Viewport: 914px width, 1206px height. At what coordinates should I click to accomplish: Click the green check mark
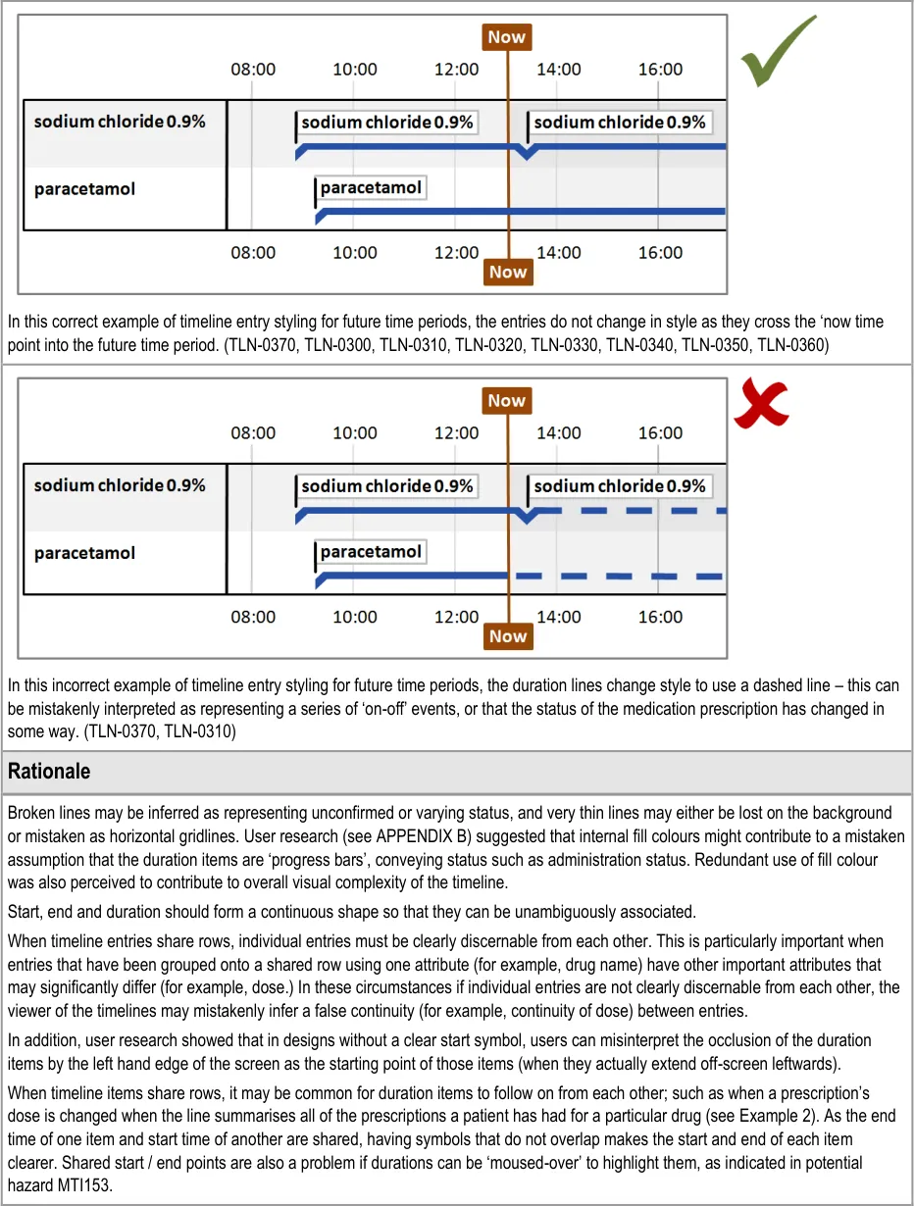coord(778,53)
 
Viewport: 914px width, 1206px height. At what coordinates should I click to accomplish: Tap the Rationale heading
coord(49,772)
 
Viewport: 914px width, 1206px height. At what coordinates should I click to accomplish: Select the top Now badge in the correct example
coord(507,37)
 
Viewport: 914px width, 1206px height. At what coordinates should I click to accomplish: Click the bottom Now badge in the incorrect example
coord(508,636)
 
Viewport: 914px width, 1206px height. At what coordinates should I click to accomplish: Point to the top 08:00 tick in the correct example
coord(253,70)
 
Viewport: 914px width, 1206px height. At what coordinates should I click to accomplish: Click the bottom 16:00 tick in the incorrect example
coord(660,617)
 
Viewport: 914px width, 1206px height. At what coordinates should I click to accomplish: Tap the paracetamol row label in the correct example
coord(84,188)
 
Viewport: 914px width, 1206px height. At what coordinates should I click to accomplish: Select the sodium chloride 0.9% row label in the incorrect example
coord(120,485)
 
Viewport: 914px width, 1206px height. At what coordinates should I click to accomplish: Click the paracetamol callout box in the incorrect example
coord(371,552)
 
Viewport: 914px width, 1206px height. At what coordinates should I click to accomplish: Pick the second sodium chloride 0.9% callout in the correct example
coord(619,123)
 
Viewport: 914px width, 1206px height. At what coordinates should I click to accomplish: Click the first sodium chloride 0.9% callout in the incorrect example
coord(387,486)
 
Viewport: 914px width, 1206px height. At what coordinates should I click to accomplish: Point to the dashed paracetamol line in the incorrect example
coord(618,577)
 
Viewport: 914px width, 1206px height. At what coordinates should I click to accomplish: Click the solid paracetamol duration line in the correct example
coord(520,211)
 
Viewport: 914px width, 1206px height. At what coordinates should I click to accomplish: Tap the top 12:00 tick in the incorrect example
coord(457,433)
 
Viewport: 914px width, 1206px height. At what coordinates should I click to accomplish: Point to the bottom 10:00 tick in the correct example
coord(355,253)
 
